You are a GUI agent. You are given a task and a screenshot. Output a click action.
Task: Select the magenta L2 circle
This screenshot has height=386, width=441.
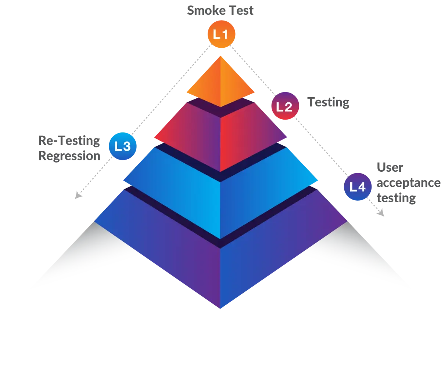pyautogui.click(x=285, y=107)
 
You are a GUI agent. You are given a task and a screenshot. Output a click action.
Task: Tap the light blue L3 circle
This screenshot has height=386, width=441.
pyautogui.click(x=123, y=146)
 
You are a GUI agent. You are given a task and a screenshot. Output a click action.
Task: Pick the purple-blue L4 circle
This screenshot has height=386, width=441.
pyautogui.click(x=357, y=187)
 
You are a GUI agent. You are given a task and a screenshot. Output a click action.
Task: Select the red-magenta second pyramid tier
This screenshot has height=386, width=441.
pyautogui.click(x=220, y=136)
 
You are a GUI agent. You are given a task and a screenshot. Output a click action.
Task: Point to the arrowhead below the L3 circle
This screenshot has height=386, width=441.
pyautogui.click(x=78, y=194)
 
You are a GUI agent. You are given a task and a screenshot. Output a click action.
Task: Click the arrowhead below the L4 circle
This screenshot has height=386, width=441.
pyautogui.click(x=380, y=212)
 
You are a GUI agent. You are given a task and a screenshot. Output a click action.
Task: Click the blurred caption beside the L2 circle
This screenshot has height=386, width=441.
pyautogui.click(x=328, y=104)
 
